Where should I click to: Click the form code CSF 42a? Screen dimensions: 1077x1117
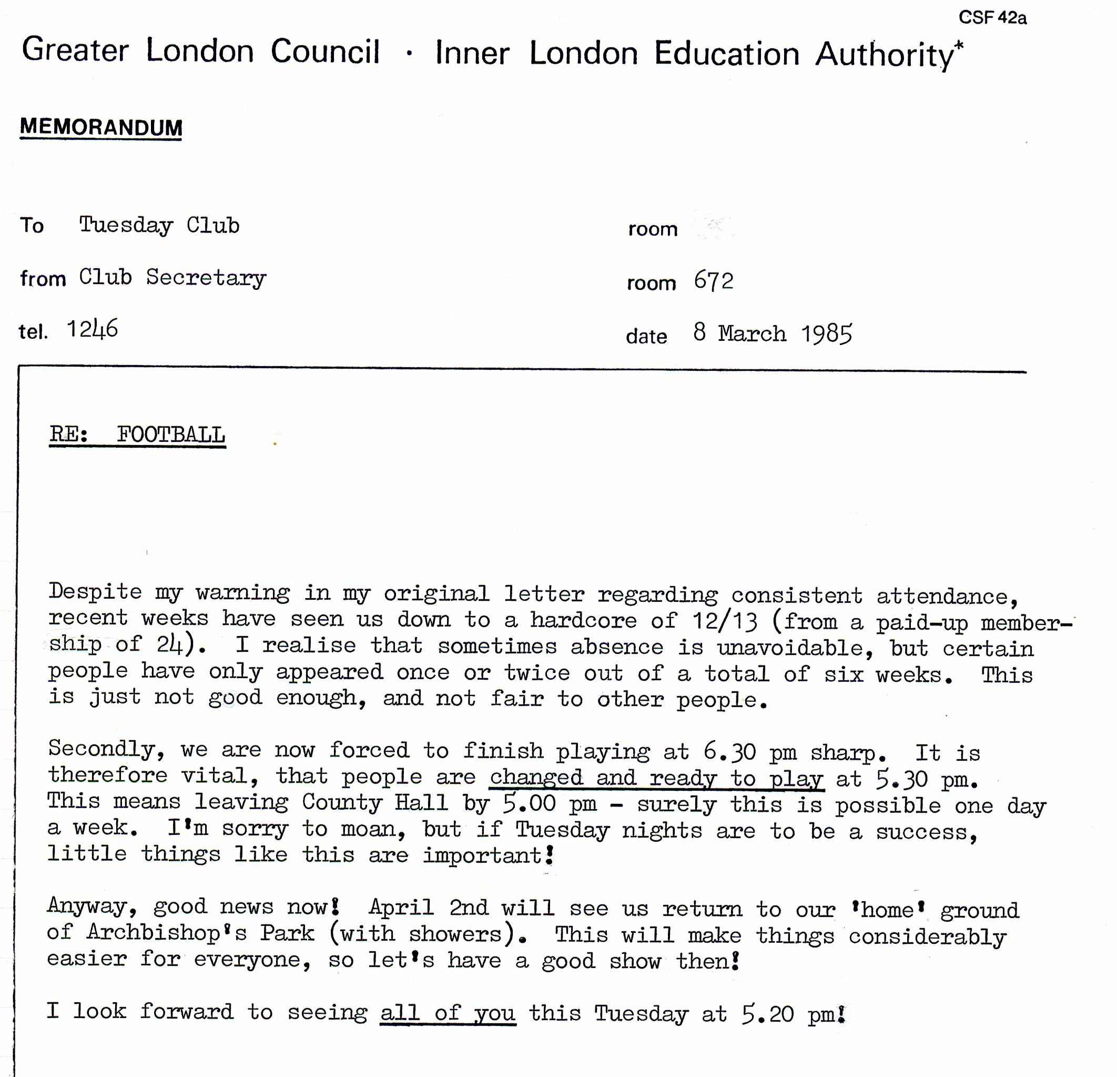[x=992, y=18]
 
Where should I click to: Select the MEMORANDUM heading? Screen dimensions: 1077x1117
[x=101, y=127]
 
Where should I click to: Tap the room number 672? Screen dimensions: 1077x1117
[x=714, y=281]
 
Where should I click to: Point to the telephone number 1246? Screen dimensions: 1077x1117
[x=93, y=329]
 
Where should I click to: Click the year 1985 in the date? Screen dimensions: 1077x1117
[x=826, y=334]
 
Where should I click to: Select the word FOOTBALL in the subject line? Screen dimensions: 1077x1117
[x=171, y=435]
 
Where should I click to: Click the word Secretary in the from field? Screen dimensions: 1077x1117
[x=206, y=278]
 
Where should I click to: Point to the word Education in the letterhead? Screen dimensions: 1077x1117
[x=727, y=54]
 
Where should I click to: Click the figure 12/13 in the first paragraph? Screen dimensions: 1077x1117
[x=725, y=621]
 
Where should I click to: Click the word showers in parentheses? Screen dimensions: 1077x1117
[x=455, y=934]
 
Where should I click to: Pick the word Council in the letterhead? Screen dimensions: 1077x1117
[x=325, y=52]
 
